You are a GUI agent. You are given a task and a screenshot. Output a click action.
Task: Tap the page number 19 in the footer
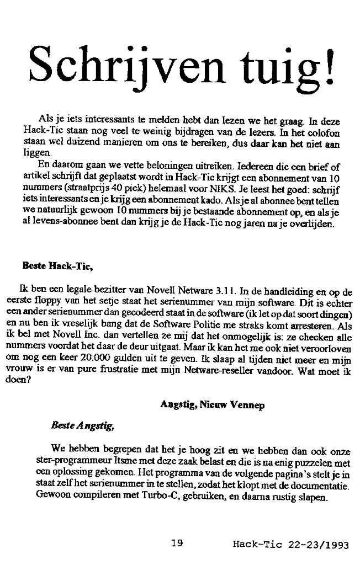point(177,543)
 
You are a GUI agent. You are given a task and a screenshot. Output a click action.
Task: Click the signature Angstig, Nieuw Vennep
point(212,404)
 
